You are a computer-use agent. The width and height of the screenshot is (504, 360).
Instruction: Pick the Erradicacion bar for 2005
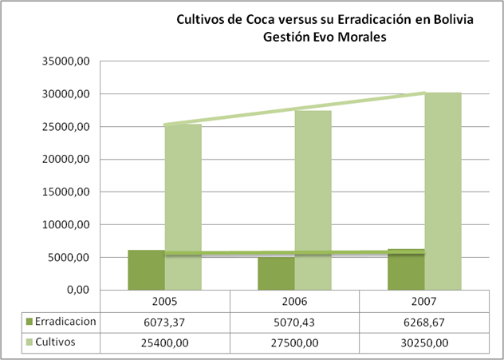[x=146, y=271]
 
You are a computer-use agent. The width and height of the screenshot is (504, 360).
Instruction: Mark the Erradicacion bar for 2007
[x=406, y=271]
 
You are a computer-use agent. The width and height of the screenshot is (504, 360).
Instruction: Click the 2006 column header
[x=294, y=303]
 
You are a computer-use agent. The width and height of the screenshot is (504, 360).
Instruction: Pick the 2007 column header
[x=424, y=303]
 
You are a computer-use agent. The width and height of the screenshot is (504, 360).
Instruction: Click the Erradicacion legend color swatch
[x=30, y=322]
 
